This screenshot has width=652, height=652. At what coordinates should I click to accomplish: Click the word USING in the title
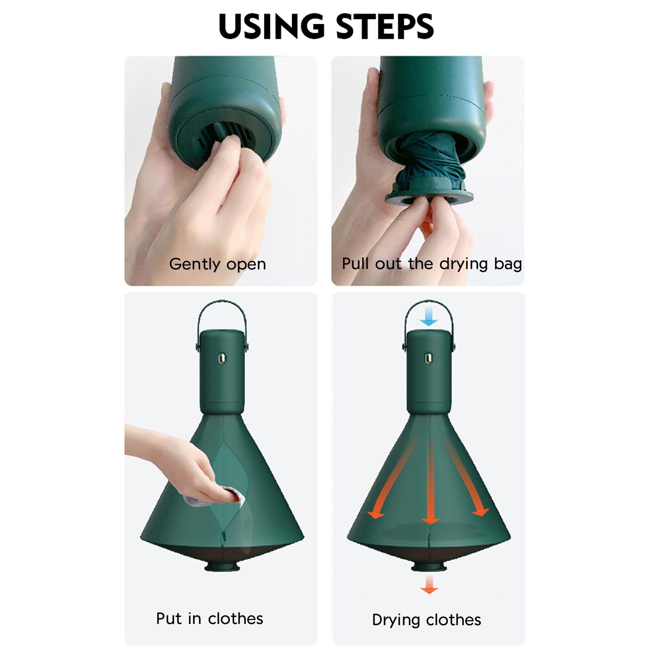pos(271,26)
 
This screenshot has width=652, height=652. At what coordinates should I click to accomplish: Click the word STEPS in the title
pos(385,26)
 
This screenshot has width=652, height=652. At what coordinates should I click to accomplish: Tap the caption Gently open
pos(217,264)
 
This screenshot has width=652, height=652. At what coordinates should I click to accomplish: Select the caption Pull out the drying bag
pos(432,264)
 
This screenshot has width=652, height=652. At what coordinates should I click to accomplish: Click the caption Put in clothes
pos(209,619)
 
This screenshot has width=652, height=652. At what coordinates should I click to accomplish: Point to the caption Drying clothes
pos(426,620)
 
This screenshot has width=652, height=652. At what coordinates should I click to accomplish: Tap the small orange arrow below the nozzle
pos(429,585)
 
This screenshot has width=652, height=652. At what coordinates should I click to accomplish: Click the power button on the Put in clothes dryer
pos(222,358)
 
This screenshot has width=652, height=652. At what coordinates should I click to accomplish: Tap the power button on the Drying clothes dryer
pos(429,358)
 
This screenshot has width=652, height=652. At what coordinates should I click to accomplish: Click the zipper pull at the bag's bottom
pos(223,536)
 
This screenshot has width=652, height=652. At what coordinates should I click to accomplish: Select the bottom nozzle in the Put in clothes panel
pos(222,566)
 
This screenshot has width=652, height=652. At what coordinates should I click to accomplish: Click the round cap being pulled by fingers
pos(429,198)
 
